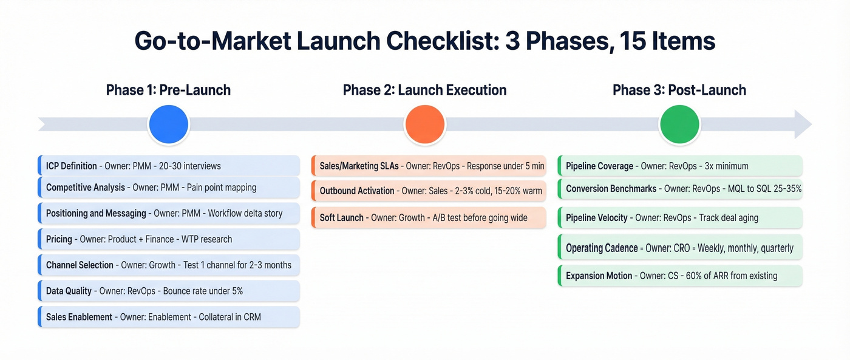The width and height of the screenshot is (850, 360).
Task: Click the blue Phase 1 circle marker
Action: [169, 124]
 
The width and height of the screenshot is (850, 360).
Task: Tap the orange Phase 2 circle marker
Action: [425, 124]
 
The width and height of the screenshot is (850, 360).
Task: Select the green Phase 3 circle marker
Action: [680, 124]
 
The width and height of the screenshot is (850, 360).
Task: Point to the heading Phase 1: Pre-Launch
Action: [168, 90]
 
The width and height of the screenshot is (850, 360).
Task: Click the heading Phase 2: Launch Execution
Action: [424, 90]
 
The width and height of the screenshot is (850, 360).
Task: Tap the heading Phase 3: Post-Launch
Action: [679, 90]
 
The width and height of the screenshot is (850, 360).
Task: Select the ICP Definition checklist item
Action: [169, 166]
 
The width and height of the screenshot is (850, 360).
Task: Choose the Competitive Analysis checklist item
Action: [169, 188]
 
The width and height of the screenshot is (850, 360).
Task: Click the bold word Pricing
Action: [59, 239]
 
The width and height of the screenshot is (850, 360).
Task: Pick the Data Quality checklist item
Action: [169, 291]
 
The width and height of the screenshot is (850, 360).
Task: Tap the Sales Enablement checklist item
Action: [169, 317]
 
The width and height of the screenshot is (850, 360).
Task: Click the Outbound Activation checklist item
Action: [429, 191]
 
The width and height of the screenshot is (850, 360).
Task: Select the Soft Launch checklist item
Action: [429, 217]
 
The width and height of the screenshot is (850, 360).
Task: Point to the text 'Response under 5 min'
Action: [506, 166]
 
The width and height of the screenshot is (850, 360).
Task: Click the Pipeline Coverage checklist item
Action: [680, 166]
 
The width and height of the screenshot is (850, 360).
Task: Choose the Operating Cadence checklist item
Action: [680, 248]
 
